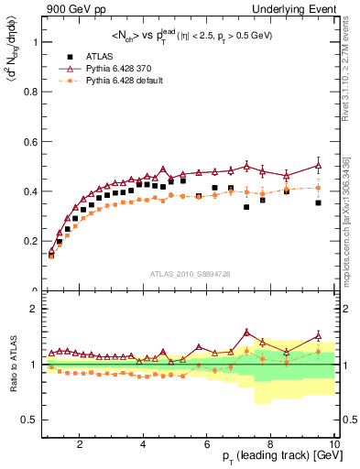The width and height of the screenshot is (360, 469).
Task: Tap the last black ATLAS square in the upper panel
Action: (x=318, y=202)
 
